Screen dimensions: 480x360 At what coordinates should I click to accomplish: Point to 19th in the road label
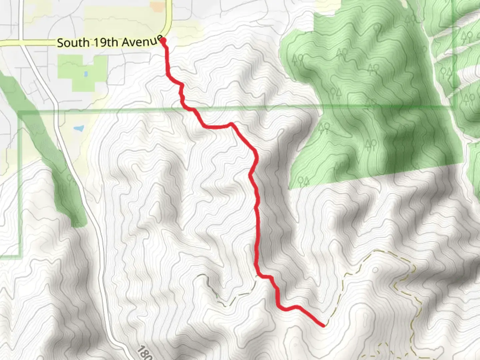105,42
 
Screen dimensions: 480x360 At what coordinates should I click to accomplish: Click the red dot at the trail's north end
163,41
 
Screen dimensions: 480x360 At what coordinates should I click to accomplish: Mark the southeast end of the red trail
323,325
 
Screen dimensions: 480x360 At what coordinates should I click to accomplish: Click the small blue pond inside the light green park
86,74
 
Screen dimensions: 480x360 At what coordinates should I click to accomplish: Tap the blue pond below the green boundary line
79,128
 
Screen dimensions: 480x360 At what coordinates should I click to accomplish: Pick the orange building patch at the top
157,6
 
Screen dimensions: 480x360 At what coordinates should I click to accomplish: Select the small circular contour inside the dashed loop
376,269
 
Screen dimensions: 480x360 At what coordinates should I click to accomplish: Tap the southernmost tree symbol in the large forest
303,181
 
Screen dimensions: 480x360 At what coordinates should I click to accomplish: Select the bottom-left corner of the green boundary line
19,256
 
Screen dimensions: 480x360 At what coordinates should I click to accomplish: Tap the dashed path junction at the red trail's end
325,324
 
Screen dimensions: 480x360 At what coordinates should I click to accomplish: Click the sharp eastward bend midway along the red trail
230,125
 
